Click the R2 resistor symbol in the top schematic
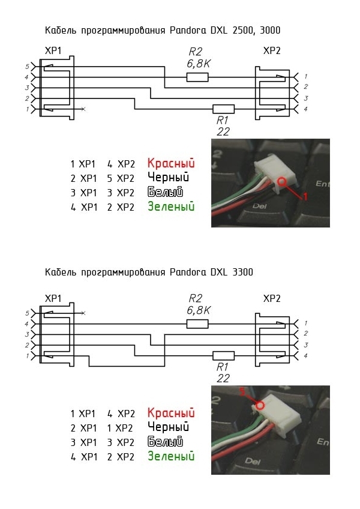point(197,77)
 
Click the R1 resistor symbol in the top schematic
point(223,109)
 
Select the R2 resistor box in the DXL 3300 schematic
point(197,324)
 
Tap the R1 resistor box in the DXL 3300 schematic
point(223,356)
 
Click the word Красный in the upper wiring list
point(171,163)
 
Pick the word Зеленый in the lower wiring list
point(171,456)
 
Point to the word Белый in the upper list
point(165,192)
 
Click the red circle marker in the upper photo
point(281,181)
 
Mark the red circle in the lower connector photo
point(260,405)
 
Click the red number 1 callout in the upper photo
point(305,196)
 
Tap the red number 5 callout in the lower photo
point(242,392)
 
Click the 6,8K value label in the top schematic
point(199,64)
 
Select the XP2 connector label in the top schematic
point(272,50)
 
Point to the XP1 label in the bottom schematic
point(53,298)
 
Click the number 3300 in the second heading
point(242,272)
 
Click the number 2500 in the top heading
point(243,31)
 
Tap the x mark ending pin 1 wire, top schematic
point(83,109)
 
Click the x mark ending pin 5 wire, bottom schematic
point(83,313)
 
